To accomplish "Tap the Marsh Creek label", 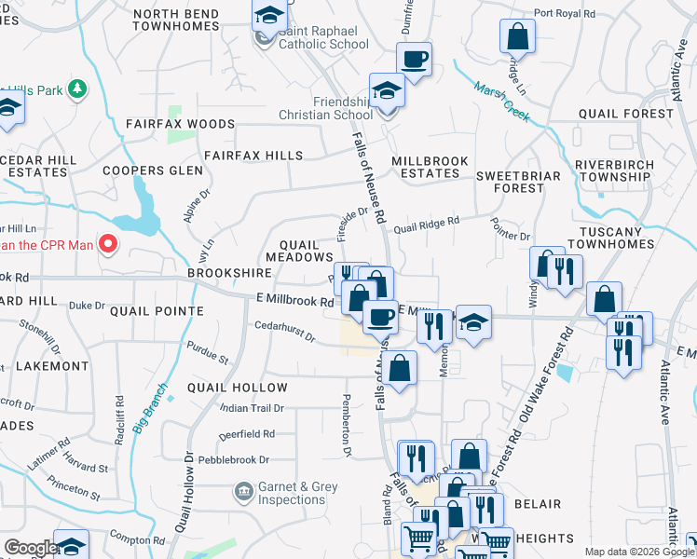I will click(x=501, y=102).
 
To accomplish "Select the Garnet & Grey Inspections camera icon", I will click(x=243, y=491).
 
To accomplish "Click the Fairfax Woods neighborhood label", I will click(x=181, y=124).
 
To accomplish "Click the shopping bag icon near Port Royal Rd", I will click(x=517, y=37).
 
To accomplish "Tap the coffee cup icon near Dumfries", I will click(x=414, y=59).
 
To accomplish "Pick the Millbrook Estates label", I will click(x=430, y=167).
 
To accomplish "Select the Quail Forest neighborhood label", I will click(x=625, y=114).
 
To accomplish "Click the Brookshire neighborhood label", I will click(x=229, y=273).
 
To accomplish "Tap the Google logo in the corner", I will click(x=31, y=548).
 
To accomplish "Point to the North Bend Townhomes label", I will click(x=176, y=20).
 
